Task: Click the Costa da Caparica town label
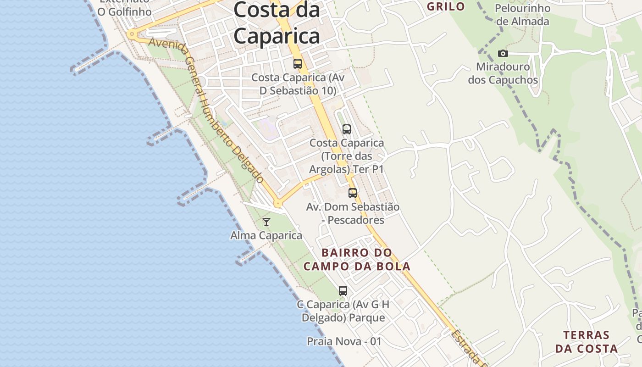pyautogui.click(x=277, y=23)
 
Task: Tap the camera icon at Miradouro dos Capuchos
pyautogui.click(x=503, y=54)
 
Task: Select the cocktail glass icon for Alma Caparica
pyautogui.click(x=266, y=222)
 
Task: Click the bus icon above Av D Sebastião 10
pyautogui.click(x=298, y=64)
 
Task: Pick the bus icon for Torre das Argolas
pyautogui.click(x=347, y=129)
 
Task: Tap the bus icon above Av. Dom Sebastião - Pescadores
pyautogui.click(x=352, y=193)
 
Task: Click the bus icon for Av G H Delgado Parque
pyautogui.click(x=343, y=290)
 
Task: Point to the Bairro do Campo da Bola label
pyautogui.click(x=357, y=259)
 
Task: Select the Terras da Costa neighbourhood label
pyautogui.click(x=587, y=341)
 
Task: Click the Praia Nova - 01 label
pyautogui.click(x=344, y=341)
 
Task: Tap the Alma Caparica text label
pyautogui.click(x=266, y=236)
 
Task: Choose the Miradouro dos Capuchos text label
pyautogui.click(x=503, y=73)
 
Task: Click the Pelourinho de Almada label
pyautogui.click(x=523, y=15)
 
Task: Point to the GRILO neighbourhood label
pyautogui.click(x=446, y=6)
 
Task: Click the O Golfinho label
pyautogui.click(x=124, y=11)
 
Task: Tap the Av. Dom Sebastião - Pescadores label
pyautogui.click(x=353, y=213)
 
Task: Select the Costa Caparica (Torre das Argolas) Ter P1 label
pyautogui.click(x=347, y=156)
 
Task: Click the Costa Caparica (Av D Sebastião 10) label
pyautogui.click(x=298, y=84)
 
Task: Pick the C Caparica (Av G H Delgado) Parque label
pyautogui.click(x=343, y=311)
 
